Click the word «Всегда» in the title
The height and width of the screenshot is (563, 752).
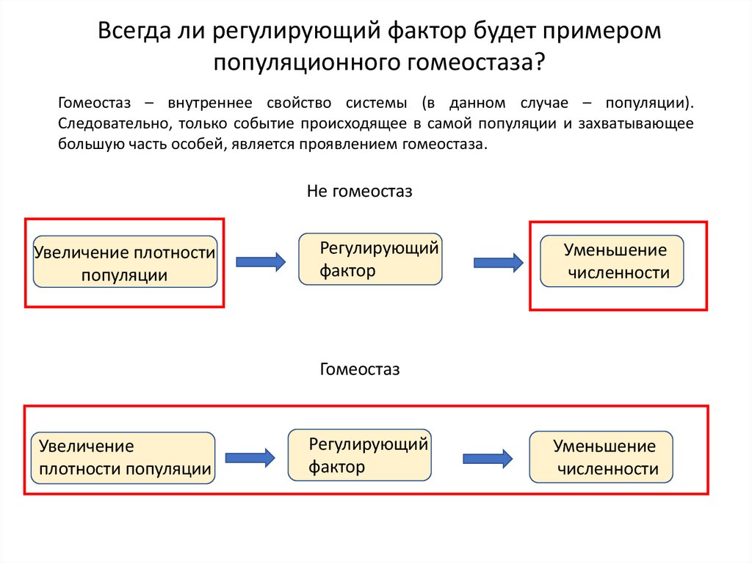click(x=136, y=33)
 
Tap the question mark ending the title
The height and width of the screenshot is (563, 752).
click(x=540, y=63)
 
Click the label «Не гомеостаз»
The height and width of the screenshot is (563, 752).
click(x=359, y=192)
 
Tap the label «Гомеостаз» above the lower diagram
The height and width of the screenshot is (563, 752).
click(x=359, y=369)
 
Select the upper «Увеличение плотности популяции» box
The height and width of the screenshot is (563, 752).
click(x=126, y=262)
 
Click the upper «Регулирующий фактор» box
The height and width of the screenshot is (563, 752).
click(x=370, y=258)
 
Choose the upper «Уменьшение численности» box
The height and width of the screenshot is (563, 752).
click(x=612, y=261)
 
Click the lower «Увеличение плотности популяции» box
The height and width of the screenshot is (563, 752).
click(x=123, y=457)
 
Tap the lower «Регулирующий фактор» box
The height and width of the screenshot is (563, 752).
click(x=360, y=454)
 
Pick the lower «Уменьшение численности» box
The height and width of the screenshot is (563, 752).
click(x=601, y=457)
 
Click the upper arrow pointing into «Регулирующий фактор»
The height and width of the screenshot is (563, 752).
click(x=260, y=261)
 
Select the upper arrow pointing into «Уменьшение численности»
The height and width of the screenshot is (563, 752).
click(x=498, y=261)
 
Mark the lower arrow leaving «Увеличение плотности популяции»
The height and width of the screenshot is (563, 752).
click(x=250, y=457)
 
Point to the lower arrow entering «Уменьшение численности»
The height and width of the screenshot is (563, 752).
click(x=487, y=458)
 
